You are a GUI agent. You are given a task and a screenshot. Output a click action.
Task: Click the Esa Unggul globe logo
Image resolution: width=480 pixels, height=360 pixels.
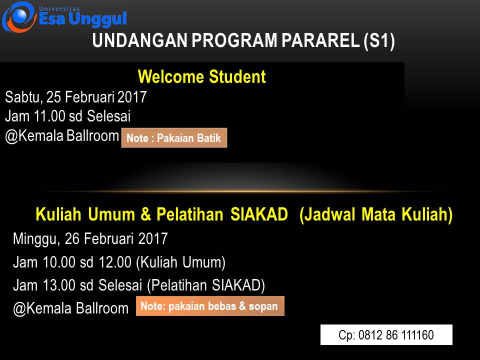tap(19, 17)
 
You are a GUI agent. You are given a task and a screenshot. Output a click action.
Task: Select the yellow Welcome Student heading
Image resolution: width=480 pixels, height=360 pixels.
tap(201, 76)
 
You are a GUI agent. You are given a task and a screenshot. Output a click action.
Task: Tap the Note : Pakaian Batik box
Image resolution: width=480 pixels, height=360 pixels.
tap(174, 138)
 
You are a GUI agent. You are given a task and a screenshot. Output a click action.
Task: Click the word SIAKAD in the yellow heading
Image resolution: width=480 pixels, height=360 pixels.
tap(259, 214)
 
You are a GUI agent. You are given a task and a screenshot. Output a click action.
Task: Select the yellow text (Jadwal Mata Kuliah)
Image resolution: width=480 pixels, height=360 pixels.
tap(376, 214)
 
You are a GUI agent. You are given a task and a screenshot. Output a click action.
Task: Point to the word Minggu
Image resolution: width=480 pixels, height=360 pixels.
tap(36, 239)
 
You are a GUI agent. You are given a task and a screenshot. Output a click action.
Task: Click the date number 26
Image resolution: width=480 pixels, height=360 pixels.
tap(72, 238)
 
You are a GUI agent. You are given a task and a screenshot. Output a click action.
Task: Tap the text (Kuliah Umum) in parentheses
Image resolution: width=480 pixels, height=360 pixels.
tap(180, 262)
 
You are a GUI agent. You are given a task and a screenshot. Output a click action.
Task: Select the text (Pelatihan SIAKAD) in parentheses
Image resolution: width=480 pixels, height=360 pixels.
tap(206, 285)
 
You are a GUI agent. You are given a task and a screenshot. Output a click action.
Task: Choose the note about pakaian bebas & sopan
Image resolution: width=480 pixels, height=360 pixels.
tap(210, 306)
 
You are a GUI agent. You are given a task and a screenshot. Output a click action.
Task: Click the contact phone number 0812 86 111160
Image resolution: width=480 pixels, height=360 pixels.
tap(396, 335)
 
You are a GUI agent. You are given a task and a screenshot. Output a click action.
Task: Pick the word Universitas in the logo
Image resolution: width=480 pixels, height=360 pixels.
tap(59, 9)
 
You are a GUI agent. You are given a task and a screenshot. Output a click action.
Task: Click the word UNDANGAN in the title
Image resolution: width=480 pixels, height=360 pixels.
tap(139, 40)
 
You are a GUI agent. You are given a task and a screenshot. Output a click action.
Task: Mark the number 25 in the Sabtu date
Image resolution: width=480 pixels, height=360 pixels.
tap(53, 97)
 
